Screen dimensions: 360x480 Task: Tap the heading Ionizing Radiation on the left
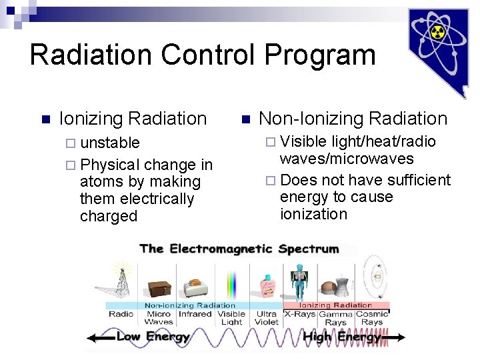click(x=133, y=119)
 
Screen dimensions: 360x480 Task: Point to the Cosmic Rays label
click(x=372, y=318)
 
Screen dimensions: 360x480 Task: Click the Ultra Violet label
click(x=267, y=318)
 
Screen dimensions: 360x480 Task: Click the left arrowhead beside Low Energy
click(x=92, y=338)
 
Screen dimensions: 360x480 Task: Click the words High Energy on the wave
click(x=341, y=337)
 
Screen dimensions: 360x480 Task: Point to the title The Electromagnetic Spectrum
click(x=239, y=249)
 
